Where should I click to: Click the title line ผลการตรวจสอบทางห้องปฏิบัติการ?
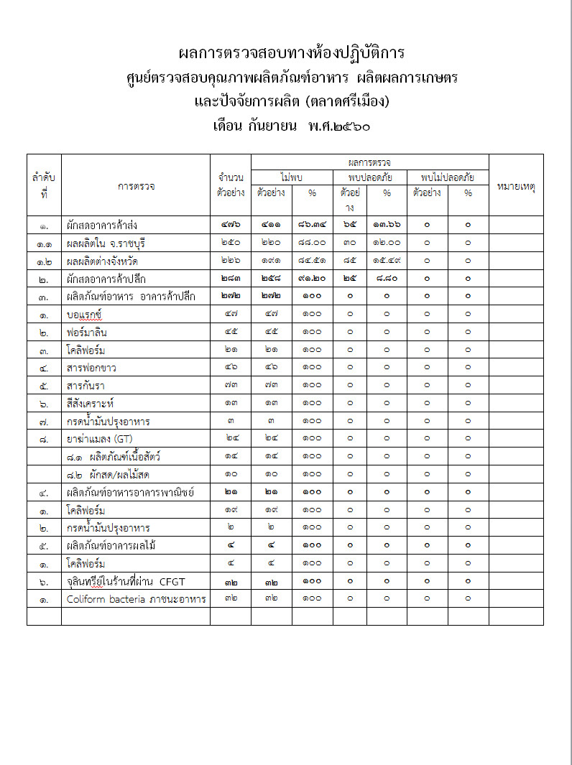tap(291, 53)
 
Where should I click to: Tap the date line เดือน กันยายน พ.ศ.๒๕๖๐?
tap(291, 126)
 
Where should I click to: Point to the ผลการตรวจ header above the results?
tap(369, 162)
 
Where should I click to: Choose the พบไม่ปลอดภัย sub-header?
tap(448, 177)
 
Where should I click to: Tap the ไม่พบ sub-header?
tap(292, 177)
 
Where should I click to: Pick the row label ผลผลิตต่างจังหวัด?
tap(100, 261)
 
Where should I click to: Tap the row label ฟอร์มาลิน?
tap(87, 333)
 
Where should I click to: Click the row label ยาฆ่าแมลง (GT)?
tap(95, 438)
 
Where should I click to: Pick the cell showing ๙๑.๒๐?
tap(312, 279)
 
